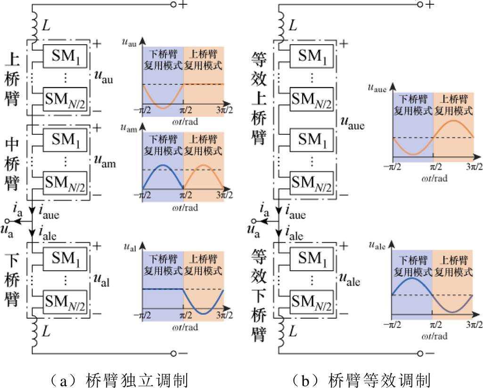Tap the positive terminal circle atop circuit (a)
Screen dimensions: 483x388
[173, 4]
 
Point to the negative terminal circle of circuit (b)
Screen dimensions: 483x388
[420, 353]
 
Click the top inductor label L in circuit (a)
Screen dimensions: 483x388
[46, 25]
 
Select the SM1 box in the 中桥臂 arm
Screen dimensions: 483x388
[65, 140]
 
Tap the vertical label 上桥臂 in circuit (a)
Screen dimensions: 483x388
[12, 78]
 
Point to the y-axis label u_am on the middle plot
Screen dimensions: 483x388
[129, 128]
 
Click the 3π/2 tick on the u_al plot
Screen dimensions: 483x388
[224, 315]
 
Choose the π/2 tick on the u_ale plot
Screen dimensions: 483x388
[435, 324]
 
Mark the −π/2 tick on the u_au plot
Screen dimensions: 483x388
[142, 110]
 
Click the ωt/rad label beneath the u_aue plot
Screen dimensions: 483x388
[434, 178]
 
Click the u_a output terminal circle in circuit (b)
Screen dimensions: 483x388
[254, 221]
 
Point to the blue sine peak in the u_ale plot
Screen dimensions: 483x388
[412, 278]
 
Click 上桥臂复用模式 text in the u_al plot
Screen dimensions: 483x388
[203, 265]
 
